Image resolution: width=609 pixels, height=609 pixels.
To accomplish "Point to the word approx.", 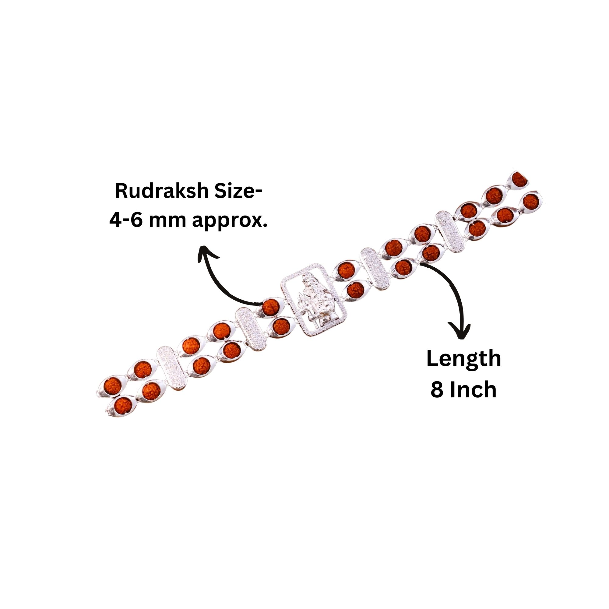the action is [x=230, y=221].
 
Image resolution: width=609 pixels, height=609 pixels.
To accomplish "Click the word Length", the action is [x=463, y=359].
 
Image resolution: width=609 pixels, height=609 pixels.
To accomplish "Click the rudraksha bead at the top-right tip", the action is [x=519, y=180].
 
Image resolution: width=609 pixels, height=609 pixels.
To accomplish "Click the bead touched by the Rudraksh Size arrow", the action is [x=270, y=306].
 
